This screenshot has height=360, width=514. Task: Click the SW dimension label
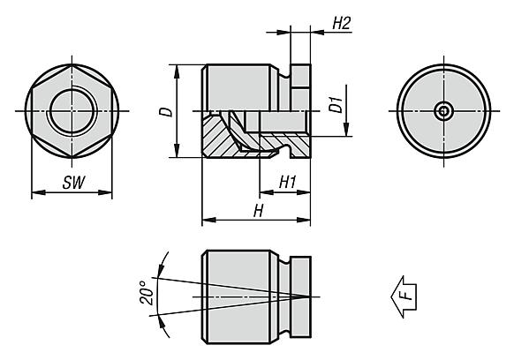coord(72,184)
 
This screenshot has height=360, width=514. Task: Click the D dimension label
coord(165,112)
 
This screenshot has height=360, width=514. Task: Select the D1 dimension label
coord(335,106)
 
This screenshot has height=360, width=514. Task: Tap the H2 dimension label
coord(342,24)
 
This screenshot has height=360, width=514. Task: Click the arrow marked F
coord(404,293)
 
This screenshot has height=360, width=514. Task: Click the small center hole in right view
coord(444,110)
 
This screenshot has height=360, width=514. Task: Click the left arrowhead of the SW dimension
coord(34,192)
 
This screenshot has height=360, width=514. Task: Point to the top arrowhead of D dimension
coord(178,69)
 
